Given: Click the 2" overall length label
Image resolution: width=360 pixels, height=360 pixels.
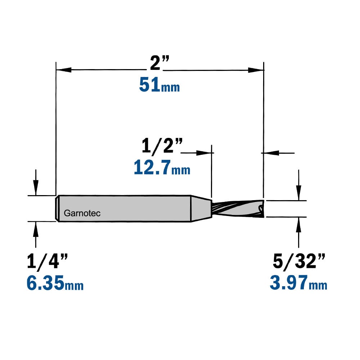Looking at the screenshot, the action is click(x=159, y=63).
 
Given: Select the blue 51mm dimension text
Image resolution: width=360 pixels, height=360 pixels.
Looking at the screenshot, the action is click(x=159, y=85).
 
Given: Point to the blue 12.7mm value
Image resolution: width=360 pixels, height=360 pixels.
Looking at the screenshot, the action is click(x=162, y=168).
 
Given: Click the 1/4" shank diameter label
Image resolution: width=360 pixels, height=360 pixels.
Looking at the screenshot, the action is click(x=47, y=261).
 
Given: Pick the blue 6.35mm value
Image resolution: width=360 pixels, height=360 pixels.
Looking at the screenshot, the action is click(x=55, y=283).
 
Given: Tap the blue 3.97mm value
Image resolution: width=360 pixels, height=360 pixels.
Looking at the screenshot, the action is click(x=298, y=283).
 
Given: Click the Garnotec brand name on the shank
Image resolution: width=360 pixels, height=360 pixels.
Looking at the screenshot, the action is click(x=82, y=213).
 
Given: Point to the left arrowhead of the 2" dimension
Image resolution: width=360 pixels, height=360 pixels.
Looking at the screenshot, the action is click(x=64, y=70).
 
